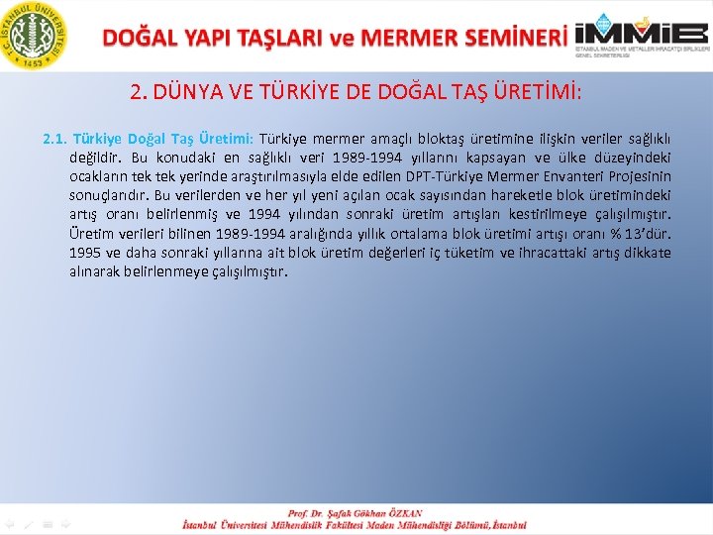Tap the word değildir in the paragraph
97,158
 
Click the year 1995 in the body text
86,252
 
